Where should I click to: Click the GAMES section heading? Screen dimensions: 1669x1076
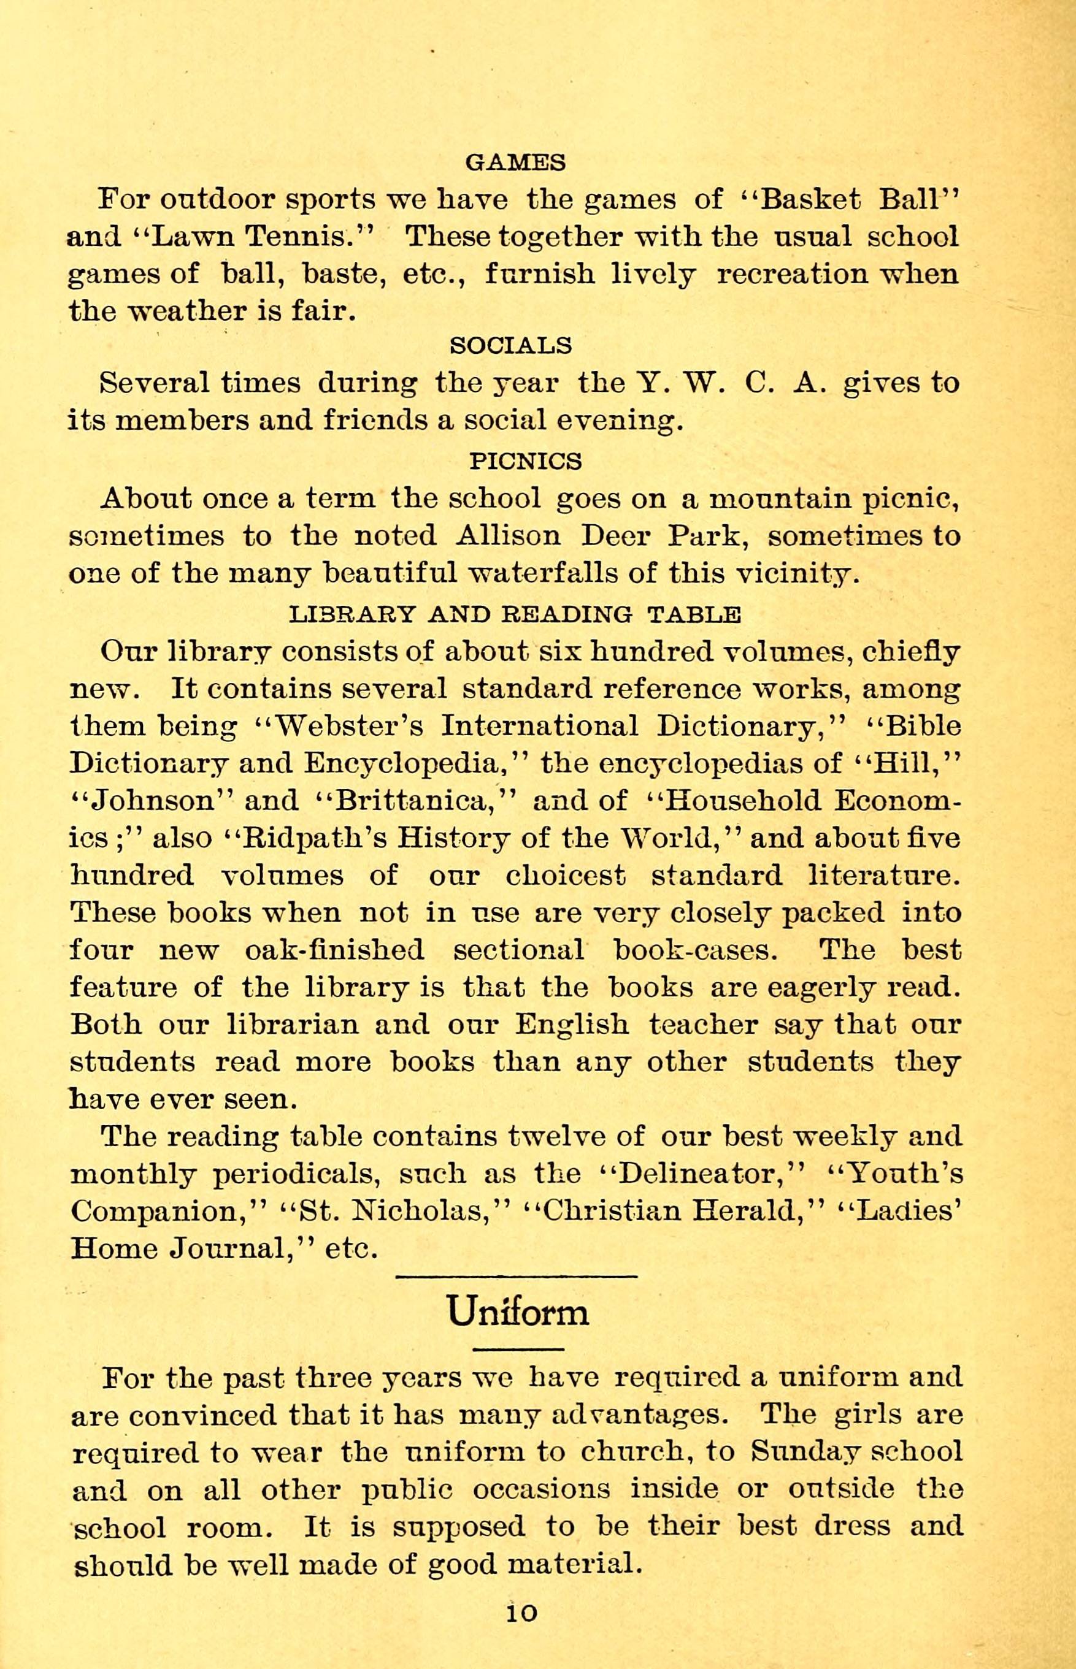(516, 162)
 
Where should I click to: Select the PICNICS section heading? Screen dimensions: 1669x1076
(525, 460)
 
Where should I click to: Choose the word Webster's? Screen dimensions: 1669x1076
(349, 726)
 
